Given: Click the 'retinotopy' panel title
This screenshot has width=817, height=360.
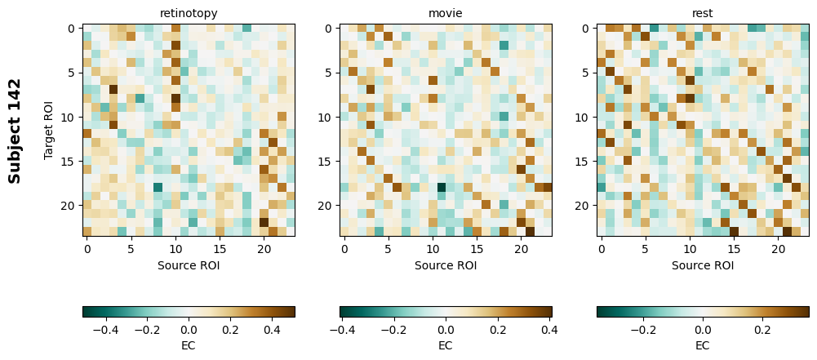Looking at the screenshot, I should [x=189, y=13].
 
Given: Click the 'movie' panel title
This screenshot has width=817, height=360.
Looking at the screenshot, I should [x=446, y=13].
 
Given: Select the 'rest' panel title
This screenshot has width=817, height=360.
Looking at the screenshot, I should [x=703, y=13].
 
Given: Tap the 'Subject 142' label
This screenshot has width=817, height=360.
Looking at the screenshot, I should [x=15, y=131].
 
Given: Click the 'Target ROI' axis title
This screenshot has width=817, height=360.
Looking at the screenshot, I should [x=49, y=131].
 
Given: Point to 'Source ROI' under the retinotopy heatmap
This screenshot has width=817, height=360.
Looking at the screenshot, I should [x=189, y=265].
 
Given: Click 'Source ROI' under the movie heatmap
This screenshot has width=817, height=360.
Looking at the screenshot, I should [x=446, y=265].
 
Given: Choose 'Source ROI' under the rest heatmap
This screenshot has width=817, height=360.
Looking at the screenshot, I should [x=703, y=265].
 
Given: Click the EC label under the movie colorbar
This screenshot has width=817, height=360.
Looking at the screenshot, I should [x=446, y=345].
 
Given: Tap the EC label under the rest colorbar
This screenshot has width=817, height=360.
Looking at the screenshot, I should [x=703, y=345].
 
